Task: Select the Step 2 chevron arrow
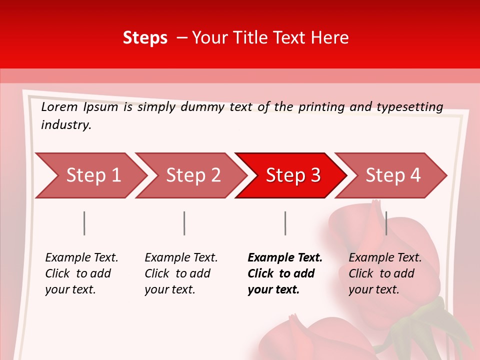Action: point(193,175)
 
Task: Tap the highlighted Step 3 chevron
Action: point(293,175)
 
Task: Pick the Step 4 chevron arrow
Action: point(393,175)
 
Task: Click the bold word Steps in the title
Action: point(145,37)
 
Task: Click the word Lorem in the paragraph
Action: point(59,106)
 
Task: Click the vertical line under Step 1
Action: point(84,223)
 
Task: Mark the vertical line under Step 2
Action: point(184,223)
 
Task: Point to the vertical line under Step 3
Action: point(285,223)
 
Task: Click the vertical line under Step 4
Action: point(386,223)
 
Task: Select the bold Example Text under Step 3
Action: point(285,258)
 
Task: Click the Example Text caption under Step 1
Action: point(81,258)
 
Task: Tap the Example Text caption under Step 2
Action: point(181,258)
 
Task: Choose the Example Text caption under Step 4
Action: point(385,258)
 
